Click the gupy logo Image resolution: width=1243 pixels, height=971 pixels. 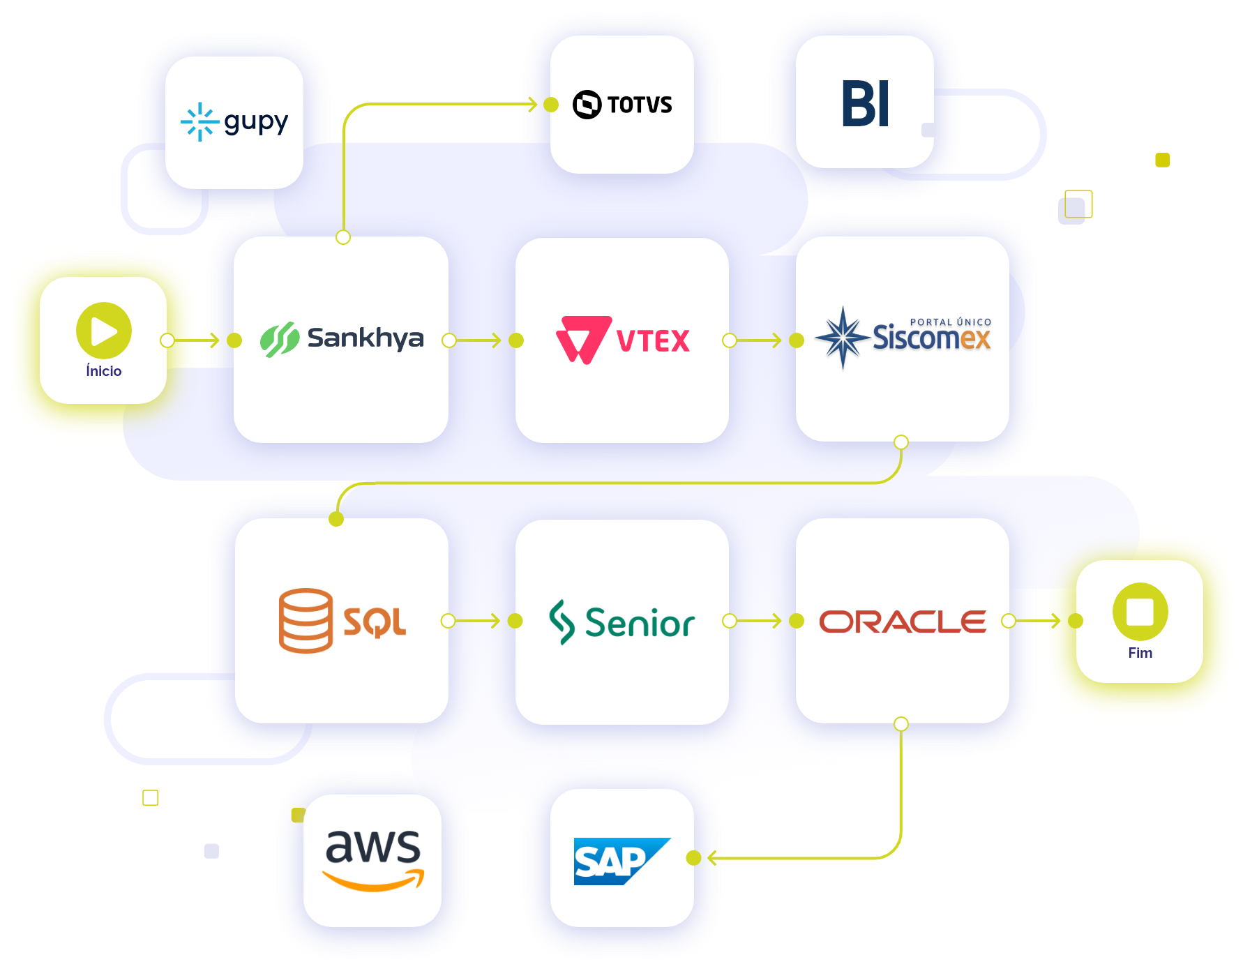(234, 122)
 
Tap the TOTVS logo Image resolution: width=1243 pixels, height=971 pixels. (622, 105)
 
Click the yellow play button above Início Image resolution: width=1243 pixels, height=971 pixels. (103, 331)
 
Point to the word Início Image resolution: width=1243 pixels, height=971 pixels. (103, 371)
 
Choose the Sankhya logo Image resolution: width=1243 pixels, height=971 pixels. (341, 339)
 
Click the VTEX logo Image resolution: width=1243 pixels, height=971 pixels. (622, 340)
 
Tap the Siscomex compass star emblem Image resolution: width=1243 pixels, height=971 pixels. (843, 338)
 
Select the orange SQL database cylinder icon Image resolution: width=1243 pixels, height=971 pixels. (306, 620)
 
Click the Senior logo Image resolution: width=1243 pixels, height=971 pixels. (622, 622)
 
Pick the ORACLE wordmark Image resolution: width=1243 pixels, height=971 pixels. (903, 621)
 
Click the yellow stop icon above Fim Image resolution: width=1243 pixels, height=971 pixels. (1140, 612)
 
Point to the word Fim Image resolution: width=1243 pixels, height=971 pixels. (1140, 653)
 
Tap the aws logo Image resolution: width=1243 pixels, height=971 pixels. (373, 859)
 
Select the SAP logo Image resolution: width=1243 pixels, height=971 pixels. (621, 861)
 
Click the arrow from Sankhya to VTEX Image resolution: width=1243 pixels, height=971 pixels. (481, 340)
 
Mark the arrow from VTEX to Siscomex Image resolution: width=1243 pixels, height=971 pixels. (762, 340)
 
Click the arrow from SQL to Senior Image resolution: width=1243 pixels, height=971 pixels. (481, 621)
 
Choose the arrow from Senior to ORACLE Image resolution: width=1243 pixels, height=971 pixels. (762, 621)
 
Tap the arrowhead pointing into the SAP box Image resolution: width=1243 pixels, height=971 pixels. (713, 858)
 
